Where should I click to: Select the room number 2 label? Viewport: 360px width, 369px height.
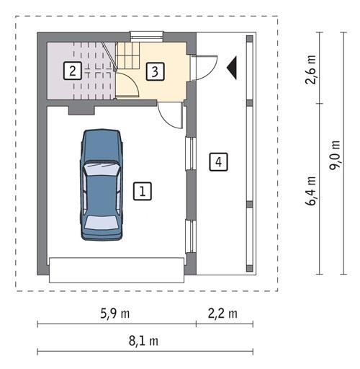(x=72, y=71)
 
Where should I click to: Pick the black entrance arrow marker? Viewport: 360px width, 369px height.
(x=232, y=67)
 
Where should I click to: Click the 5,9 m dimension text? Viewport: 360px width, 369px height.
(x=114, y=314)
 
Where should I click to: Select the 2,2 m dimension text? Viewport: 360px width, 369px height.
(x=222, y=314)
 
